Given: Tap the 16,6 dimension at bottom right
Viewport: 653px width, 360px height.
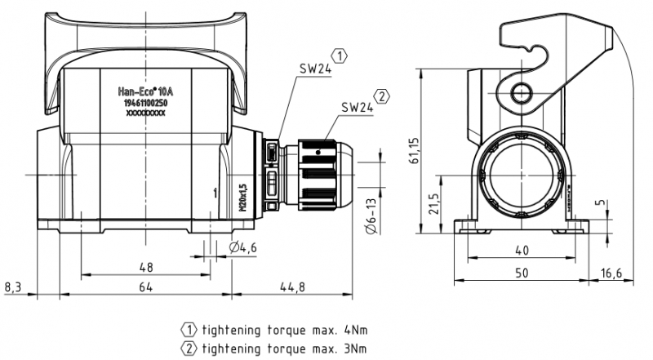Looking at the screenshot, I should [633, 271].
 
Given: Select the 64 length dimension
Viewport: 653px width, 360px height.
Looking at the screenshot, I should [145, 287].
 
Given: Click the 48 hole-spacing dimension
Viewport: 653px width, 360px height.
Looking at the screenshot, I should [145, 267].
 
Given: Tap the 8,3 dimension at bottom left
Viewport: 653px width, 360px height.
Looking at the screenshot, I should [14, 287].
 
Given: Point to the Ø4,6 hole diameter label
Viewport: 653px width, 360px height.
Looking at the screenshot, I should [245, 247].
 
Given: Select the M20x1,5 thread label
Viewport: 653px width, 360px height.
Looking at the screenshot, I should [242, 197].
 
